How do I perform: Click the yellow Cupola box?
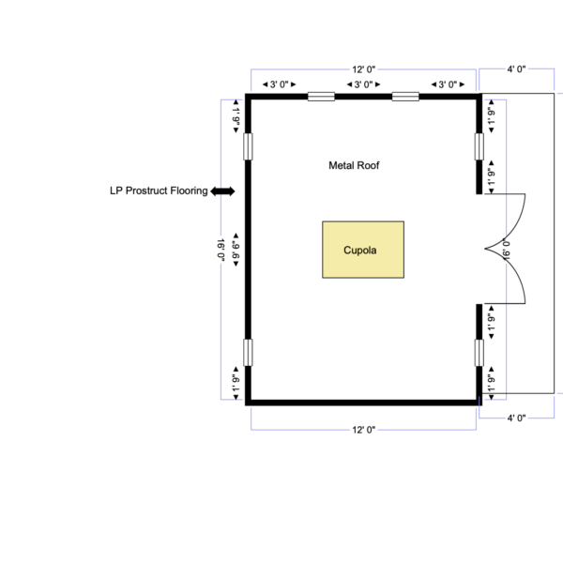click(x=363, y=250)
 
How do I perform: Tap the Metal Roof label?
click(x=354, y=165)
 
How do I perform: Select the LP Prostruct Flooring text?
click(x=159, y=190)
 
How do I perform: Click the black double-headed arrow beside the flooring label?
click(x=222, y=191)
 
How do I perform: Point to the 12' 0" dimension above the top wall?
click(x=364, y=69)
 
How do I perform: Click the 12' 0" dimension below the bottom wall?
click(x=364, y=430)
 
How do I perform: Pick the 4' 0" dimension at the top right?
click(x=516, y=68)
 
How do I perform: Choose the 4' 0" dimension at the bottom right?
click(x=516, y=418)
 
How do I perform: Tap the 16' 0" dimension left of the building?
click(x=221, y=250)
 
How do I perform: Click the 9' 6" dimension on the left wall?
click(x=236, y=250)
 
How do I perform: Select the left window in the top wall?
click(x=321, y=97)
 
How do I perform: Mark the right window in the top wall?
click(x=405, y=97)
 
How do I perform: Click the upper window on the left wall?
click(x=248, y=146)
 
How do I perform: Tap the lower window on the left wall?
click(x=248, y=353)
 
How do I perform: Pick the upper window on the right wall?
click(x=479, y=146)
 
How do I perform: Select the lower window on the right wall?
click(x=479, y=353)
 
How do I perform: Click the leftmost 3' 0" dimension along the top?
click(x=279, y=84)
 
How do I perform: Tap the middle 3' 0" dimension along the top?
click(x=363, y=84)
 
